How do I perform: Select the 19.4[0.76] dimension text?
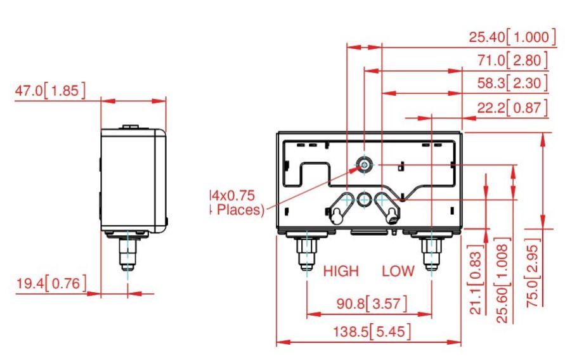click(x=50, y=283)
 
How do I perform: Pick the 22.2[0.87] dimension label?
click(x=512, y=108)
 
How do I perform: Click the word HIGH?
click(x=341, y=271)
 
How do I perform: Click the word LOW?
click(x=398, y=271)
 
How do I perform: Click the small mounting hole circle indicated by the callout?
click(x=365, y=164)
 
